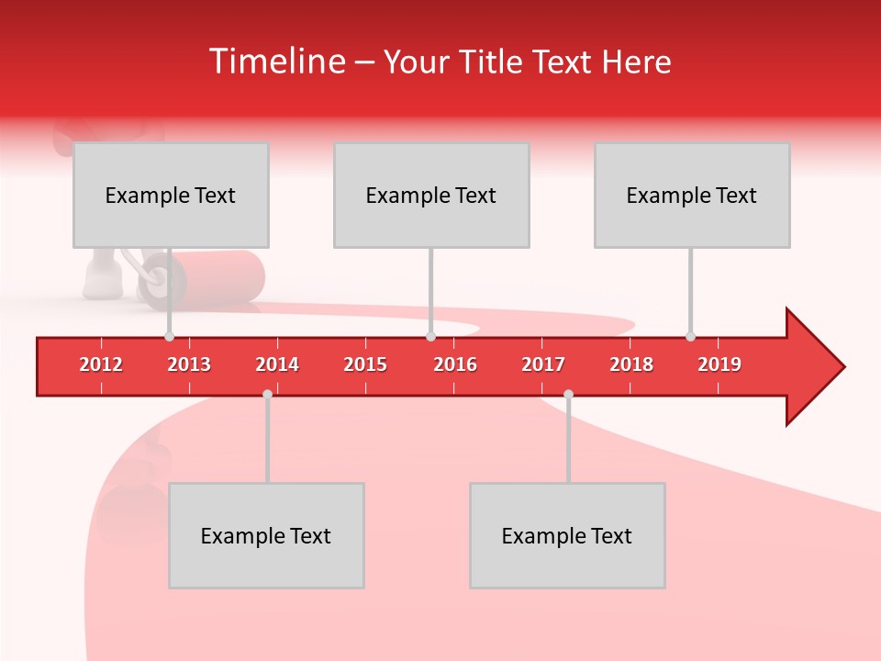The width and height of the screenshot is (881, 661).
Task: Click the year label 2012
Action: pyautogui.click(x=101, y=364)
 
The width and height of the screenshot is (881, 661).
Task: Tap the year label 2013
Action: pyautogui.click(x=189, y=364)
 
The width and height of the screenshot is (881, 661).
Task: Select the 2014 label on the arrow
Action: pyautogui.click(x=277, y=364)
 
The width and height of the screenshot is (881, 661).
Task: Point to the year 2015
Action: pyautogui.click(x=365, y=364)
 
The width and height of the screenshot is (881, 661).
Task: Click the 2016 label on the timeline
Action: pyautogui.click(x=455, y=364)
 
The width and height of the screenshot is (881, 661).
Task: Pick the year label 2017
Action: pyautogui.click(x=543, y=364)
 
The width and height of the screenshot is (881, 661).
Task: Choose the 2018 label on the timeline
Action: pyautogui.click(x=631, y=364)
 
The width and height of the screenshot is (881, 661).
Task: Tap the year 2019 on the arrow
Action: pyautogui.click(x=719, y=364)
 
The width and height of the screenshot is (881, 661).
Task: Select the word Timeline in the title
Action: pyautogui.click(x=275, y=62)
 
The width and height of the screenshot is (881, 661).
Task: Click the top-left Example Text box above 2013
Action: pyautogui.click(x=171, y=195)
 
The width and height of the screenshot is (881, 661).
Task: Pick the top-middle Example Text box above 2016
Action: pyautogui.click(x=431, y=195)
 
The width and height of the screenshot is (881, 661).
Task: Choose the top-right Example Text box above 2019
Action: pyautogui.click(x=692, y=195)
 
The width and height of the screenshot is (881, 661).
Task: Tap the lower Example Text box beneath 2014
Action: pyautogui.click(x=266, y=535)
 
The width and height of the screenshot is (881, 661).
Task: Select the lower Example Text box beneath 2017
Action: pyautogui.click(x=567, y=535)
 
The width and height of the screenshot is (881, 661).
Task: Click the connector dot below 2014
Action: pyautogui.click(x=267, y=394)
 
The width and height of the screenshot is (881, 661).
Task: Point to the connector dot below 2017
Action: pyautogui.click(x=568, y=394)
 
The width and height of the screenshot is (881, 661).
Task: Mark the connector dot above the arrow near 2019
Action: pyautogui.click(x=690, y=336)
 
